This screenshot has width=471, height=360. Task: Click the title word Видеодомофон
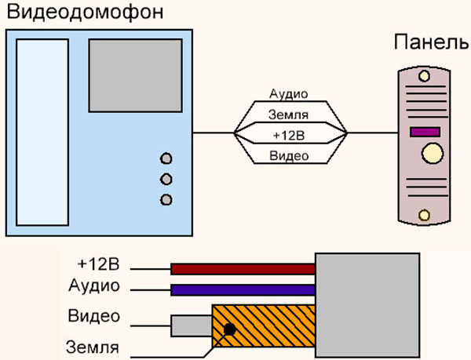[x=86, y=13]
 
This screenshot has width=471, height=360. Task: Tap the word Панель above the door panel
[x=431, y=42]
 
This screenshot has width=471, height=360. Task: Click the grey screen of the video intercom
[x=136, y=75]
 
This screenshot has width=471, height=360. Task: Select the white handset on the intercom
[x=42, y=133]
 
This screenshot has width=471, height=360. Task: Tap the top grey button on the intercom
[x=166, y=158]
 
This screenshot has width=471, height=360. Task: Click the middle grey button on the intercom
[x=166, y=179]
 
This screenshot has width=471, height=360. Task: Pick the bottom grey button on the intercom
[x=166, y=200]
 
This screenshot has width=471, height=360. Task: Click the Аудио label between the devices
[x=289, y=94]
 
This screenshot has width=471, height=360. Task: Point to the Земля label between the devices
[x=288, y=115]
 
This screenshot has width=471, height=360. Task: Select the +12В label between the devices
[x=289, y=136]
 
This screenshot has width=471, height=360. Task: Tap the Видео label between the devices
[x=289, y=156]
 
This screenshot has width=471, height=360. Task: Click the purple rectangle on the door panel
[x=425, y=132]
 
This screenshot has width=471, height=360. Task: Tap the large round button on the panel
[x=433, y=153]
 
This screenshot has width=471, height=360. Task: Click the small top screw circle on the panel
[x=424, y=76]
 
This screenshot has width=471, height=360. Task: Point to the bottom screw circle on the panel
[x=424, y=215]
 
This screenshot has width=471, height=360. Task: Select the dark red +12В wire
[x=243, y=269]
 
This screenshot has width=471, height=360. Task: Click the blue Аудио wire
[x=243, y=290]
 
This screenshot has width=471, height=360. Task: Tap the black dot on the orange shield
[x=230, y=329]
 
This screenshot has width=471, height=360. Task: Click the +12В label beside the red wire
[x=99, y=264]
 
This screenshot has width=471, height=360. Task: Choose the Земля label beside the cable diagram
[x=93, y=347]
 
